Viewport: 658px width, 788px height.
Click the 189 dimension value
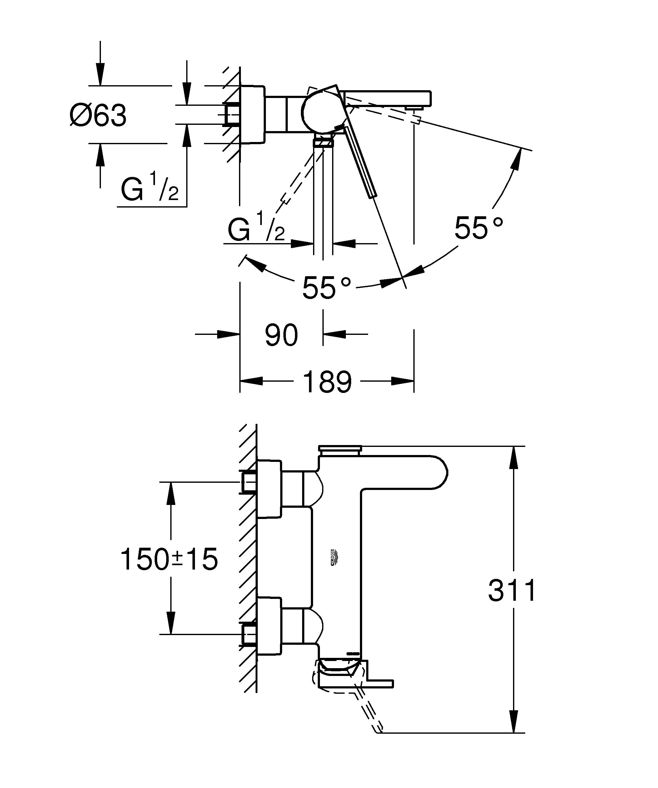pos(327,382)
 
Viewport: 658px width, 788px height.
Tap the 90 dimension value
pos(281,335)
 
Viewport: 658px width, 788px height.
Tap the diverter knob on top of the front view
pos(340,448)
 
